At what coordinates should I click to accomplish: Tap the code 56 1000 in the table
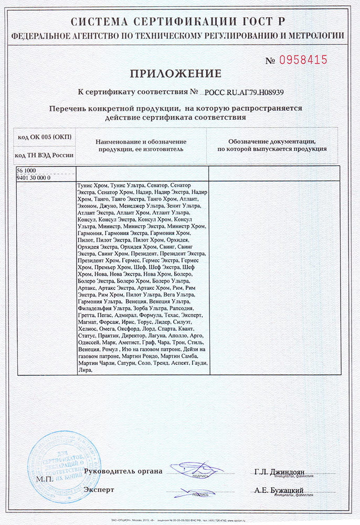click(x=27, y=171)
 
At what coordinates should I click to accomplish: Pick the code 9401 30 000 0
click(x=34, y=178)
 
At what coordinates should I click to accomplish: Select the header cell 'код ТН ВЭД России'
click(x=45, y=155)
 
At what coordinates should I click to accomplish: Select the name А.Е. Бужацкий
click(x=279, y=490)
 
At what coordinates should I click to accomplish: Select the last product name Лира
click(x=84, y=370)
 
